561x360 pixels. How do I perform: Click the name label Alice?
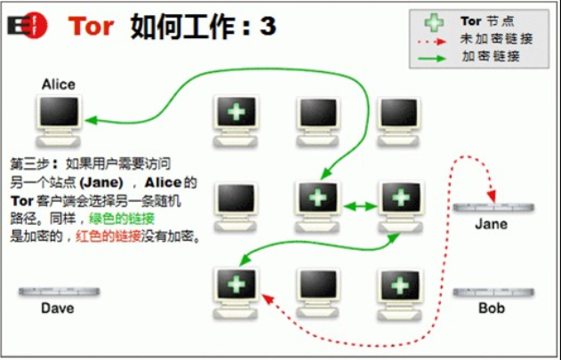pyautogui.click(x=59, y=84)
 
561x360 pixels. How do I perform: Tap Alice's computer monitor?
pyautogui.click(x=59, y=114)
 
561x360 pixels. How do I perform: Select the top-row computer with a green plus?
pyautogui.click(x=236, y=113)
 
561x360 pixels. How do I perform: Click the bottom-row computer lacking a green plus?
pyautogui.click(x=317, y=284)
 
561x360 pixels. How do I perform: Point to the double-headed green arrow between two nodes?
pyautogui.click(x=355, y=206)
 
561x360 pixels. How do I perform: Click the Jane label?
pyautogui.click(x=491, y=223)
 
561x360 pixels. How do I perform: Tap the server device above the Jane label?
pyautogui.click(x=491, y=206)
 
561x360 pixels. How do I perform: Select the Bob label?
pyautogui.click(x=491, y=308)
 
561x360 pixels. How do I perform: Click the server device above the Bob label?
pyautogui.click(x=491, y=292)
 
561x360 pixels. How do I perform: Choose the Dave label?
pyautogui.click(x=57, y=308)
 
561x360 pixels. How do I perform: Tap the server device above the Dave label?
pyautogui.click(x=57, y=292)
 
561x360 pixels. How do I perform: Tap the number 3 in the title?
pyautogui.click(x=268, y=26)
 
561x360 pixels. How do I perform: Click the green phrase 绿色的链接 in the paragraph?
pyautogui.click(x=123, y=219)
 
